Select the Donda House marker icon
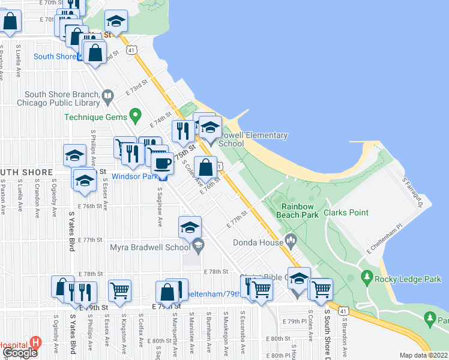291,241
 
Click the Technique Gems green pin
136,113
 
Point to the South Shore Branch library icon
108,95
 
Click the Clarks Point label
346,212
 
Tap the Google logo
20,353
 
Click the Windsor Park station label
134,177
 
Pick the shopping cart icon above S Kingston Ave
120,290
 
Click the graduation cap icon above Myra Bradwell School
190,227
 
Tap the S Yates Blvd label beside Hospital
72,335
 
